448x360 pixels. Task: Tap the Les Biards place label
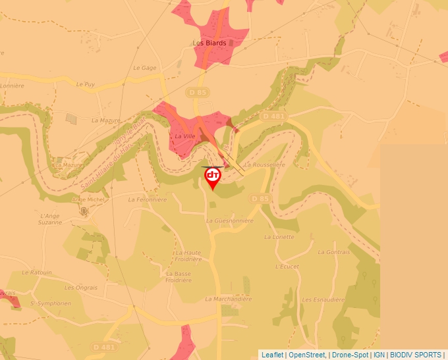209,43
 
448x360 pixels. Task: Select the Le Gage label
144,68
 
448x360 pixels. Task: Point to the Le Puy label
86,84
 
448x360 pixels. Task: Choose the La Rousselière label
265,165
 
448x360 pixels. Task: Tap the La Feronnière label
148,199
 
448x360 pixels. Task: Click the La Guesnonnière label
229,221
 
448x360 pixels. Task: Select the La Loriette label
279,237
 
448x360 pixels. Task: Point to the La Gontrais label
334,252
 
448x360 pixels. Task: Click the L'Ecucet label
287,267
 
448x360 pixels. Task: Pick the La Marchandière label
229,299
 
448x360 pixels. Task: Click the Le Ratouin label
36,272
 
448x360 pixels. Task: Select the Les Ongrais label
80,288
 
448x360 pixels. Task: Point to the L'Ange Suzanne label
51,219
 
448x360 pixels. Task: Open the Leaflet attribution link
272,355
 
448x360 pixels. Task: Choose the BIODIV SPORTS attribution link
416,355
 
